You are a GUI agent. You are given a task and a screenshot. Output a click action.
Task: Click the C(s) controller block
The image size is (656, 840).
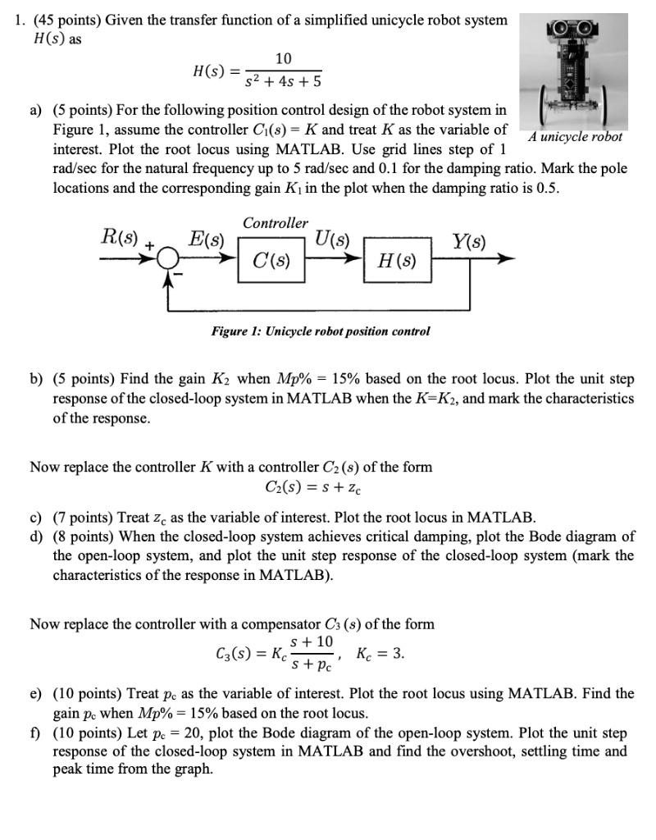[272, 264]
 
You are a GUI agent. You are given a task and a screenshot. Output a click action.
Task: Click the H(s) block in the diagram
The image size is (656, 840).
[397, 264]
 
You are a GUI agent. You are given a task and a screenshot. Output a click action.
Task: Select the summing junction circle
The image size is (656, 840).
[170, 258]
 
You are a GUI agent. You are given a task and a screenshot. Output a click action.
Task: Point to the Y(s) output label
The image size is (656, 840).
[469, 241]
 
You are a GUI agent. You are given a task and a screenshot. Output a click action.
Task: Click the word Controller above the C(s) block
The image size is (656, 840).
[276, 222]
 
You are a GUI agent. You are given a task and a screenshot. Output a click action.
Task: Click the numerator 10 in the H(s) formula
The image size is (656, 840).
[283, 58]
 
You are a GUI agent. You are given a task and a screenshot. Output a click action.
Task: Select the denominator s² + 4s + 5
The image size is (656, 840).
[283, 82]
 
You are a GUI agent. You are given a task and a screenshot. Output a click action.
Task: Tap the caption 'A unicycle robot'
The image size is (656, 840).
[575, 137]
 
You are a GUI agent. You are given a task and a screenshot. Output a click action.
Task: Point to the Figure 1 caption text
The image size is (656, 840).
[321, 331]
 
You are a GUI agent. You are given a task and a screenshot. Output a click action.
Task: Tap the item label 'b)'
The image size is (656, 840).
[37, 379]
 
